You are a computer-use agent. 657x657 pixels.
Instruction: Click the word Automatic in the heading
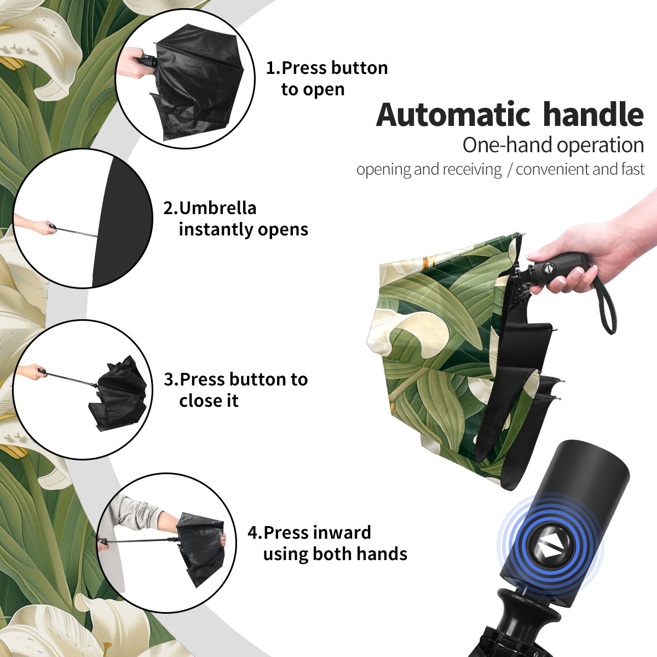pos(453,114)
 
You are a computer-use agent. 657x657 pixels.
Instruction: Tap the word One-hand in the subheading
pos(508,145)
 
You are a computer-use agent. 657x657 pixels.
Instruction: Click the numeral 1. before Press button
pos(273,68)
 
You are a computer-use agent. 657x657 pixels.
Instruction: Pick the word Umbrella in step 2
pos(217,208)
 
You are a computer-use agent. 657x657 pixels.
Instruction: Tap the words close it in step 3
pos(209,401)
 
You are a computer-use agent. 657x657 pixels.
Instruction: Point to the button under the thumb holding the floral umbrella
pos(548,269)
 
